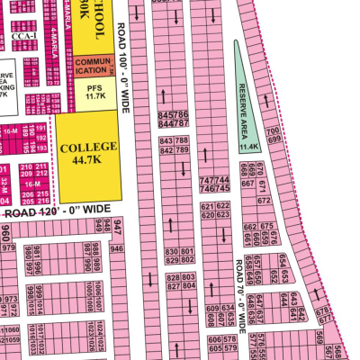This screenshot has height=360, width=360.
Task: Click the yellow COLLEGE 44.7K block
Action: coord(88,155)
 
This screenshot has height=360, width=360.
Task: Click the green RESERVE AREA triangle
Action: coord(244,99)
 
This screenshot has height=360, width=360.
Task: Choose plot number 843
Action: coord(166,142)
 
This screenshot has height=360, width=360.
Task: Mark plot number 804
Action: coord(188,287)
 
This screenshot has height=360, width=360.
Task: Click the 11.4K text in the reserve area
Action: coord(248,145)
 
